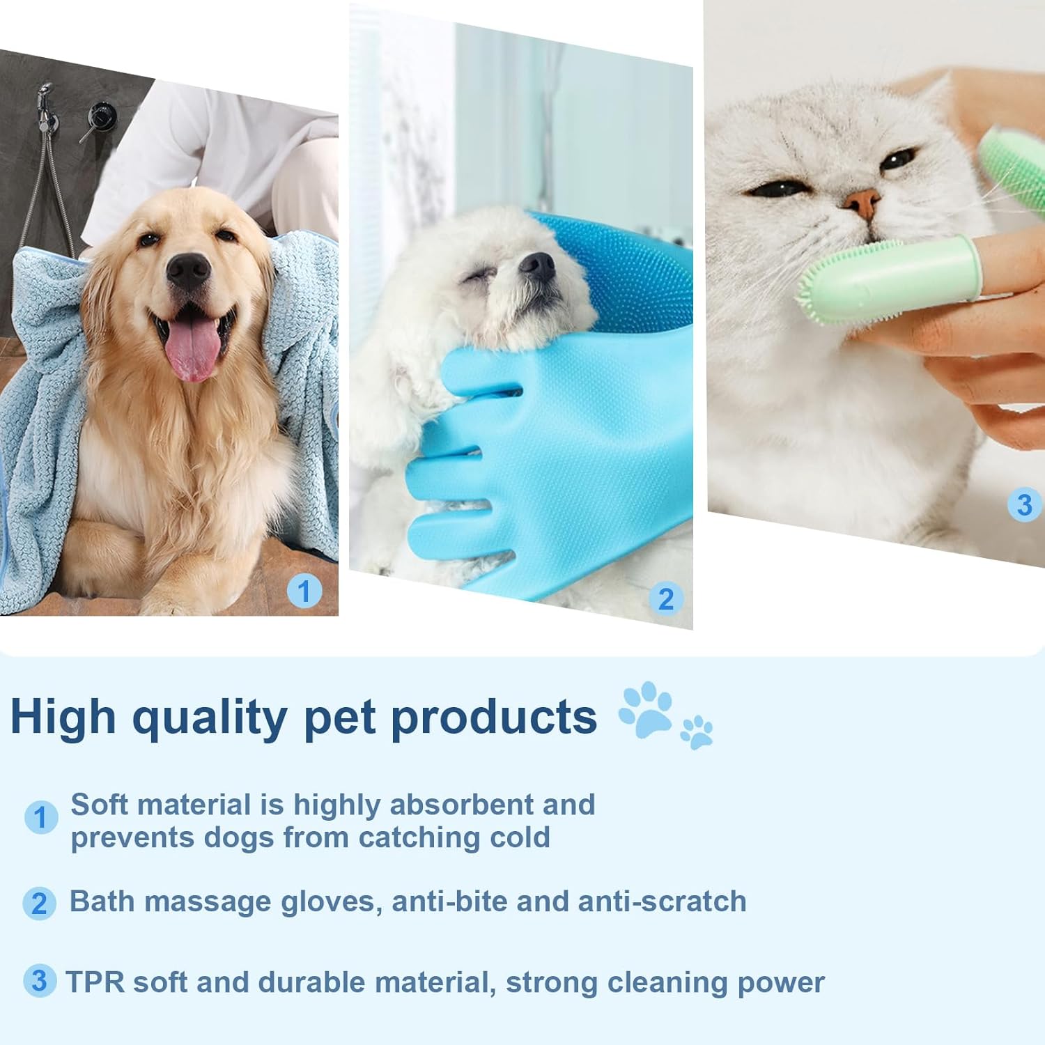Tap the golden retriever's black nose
pyautogui.click(x=188, y=271)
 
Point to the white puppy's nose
pyautogui.click(x=537, y=265)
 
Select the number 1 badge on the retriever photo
pyautogui.click(x=304, y=591)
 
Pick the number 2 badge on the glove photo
pyautogui.click(x=666, y=599)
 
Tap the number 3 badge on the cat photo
pyautogui.click(x=1024, y=505)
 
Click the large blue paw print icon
pyautogui.click(x=646, y=709)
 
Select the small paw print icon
pyautogui.click(x=697, y=732)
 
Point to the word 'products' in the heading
pyautogui.click(x=494, y=718)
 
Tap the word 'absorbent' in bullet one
pyautogui.click(x=461, y=805)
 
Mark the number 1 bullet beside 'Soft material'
pyautogui.click(x=41, y=817)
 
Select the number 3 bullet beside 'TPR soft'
pyautogui.click(x=40, y=980)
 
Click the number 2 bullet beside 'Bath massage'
pyautogui.click(x=40, y=904)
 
